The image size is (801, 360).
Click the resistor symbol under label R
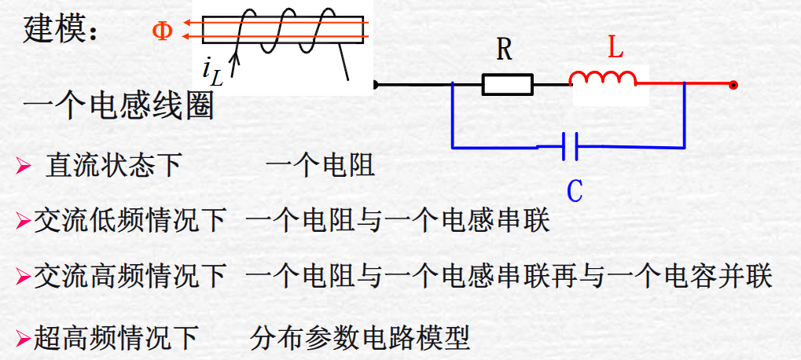pyautogui.click(x=507, y=84)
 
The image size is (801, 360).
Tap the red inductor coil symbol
pyautogui.click(x=603, y=78)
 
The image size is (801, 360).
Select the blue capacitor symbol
pyautogui.click(x=571, y=146)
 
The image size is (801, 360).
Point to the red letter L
pyautogui.click(x=615, y=49)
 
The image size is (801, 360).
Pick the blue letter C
pyautogui.click(x=575, y=190)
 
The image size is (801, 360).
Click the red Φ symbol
pyautogui.click(x=162, y=31)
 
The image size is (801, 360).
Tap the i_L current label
pyautogui.click(x=211, y=72)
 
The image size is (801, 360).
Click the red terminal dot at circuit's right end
pyautogui.click(x=733, y=84)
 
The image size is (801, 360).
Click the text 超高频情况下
pyautogui.click(x=116, y=338)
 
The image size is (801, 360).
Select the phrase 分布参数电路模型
pyautogui.click(x=360, y=338)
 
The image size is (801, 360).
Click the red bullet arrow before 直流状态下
pyautogui.click(x=24, y=167)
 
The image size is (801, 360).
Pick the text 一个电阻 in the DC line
pyautogui.click(x=320, y=166)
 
